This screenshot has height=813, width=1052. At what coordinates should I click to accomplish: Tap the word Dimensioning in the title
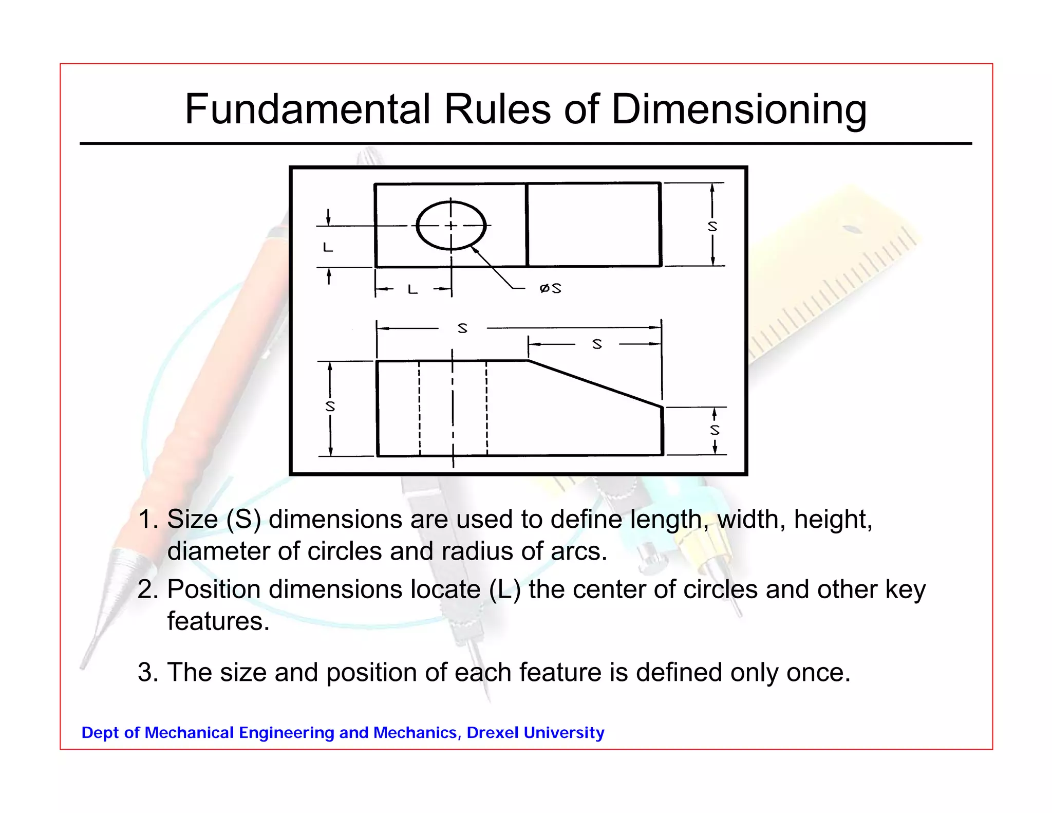(739, 110)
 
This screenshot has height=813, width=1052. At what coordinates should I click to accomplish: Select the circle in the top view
(451, 225)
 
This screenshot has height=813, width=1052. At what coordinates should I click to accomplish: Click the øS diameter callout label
(550, 288)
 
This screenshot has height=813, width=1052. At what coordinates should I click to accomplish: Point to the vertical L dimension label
(328, 247)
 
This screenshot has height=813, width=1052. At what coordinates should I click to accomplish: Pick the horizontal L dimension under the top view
(412, 290)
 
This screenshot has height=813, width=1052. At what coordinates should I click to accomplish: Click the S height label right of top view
(712, 226)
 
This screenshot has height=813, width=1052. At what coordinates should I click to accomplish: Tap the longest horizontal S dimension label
(462, 328)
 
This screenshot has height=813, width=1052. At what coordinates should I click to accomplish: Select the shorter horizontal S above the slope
(596, 344)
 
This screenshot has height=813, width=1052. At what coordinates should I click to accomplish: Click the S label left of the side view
(330, 406)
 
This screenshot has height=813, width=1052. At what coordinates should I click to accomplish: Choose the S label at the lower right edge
(715, 430)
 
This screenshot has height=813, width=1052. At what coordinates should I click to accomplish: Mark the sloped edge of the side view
(595, 383)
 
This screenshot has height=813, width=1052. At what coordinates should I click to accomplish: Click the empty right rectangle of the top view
(594, 225)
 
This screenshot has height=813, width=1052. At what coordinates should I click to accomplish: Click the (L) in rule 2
(504, 589)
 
